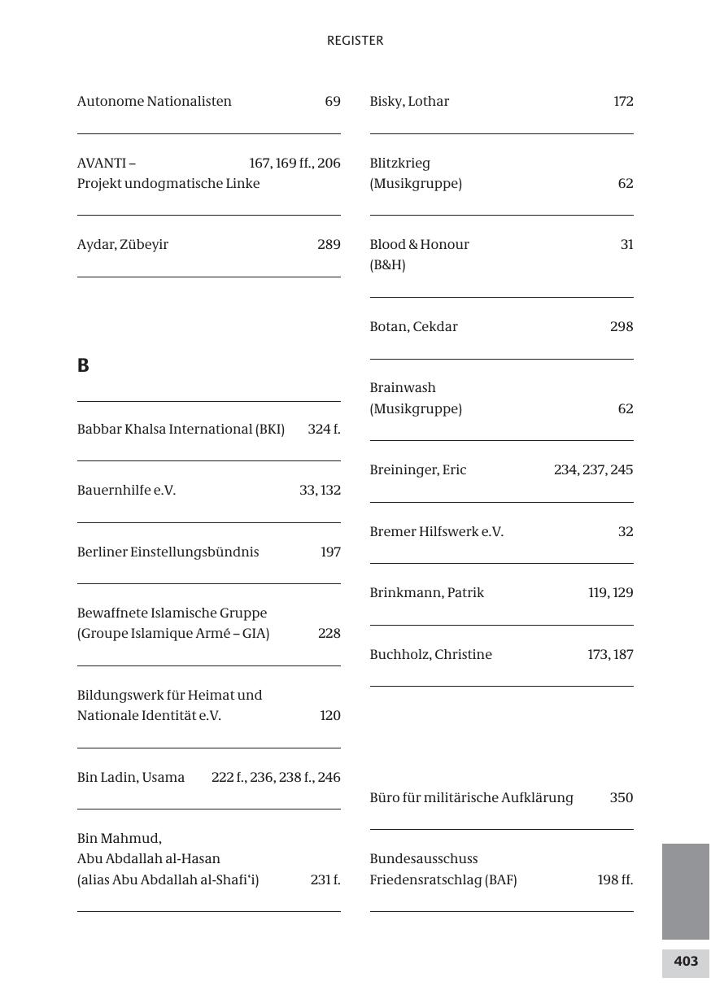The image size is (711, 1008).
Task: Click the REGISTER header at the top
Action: tap(355, 41)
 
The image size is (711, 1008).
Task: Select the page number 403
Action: tap(686, 962)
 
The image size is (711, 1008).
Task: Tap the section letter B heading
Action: tap(83, 366)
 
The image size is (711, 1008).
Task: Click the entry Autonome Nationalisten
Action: tap(155, 102)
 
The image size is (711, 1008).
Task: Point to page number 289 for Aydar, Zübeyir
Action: tap(329, 245)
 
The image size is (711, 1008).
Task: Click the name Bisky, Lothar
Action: tap(409, 102)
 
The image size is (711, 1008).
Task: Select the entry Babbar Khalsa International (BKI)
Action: tap(181, 430)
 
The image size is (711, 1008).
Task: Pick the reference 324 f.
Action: tap(324, 430)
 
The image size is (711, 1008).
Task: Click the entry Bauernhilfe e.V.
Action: tap(126, 491)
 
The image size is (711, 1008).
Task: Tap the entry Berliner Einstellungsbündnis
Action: tap(168, 552)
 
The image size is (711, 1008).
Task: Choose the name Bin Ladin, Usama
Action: tap(131, 778)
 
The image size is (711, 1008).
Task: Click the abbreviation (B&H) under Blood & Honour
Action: tap(387, 265)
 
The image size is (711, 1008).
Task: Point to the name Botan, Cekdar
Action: tap(413, 327)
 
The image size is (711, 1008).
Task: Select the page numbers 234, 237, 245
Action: tap(593, 470)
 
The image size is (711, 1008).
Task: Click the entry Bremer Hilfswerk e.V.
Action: tap(436, 532)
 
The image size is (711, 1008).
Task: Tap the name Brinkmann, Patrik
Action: tap(426, 593)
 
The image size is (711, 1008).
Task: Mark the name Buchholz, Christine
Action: tap(430, 655)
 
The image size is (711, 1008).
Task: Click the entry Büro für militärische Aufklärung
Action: tap(471, 798)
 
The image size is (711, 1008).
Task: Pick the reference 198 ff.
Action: tap(615, 880)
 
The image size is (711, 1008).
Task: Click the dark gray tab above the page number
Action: tap(686, 891)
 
